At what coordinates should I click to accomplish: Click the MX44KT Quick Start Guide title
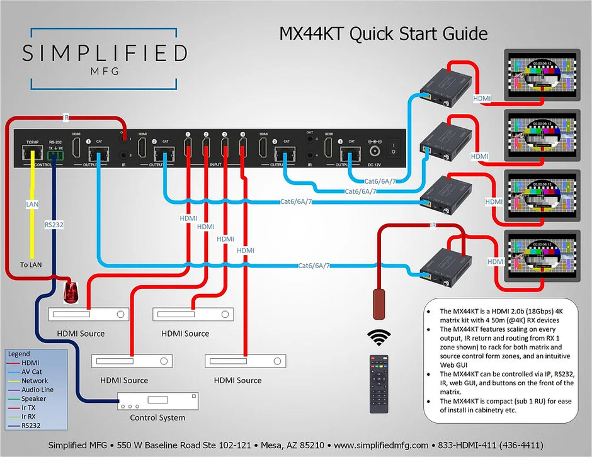click(383, 33)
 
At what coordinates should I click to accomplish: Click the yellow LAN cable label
click(32, 205)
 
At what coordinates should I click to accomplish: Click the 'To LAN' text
click(30, 265)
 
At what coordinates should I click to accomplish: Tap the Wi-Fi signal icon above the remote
click(379, 337)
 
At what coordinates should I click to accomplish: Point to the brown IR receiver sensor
click(379, 305)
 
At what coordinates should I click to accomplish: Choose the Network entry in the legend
click(35, 381)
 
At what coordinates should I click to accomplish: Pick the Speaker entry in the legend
click(33, 398)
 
